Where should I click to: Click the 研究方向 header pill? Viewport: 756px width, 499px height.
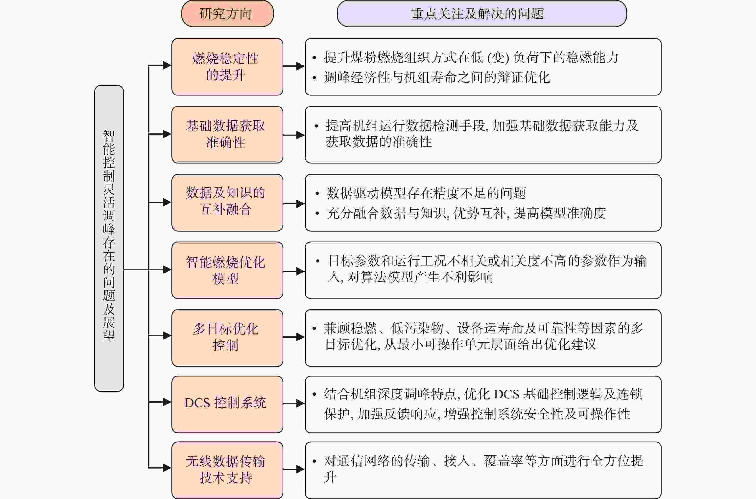click(227, 14)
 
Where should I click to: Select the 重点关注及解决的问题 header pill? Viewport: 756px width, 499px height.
click(482, 14)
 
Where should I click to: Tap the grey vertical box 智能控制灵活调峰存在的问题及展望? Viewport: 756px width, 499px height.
click(109, 238)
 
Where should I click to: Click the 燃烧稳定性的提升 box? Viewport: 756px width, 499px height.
click(227, 67)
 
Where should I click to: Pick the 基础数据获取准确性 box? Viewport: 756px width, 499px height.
click(227, 135)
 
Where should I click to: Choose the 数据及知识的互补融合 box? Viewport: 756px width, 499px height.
click(227, 202)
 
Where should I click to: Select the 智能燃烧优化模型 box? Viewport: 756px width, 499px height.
click(227, 270)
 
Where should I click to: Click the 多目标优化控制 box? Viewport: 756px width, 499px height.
click(227, 338)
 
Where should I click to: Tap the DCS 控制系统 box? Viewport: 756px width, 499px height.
click(227, 404)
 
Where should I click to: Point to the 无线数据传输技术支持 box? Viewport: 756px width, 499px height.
click(227, 470)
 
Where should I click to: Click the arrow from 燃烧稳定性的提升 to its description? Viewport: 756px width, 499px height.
click(294, 66)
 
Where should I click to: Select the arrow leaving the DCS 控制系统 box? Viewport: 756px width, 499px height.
click(294, 403)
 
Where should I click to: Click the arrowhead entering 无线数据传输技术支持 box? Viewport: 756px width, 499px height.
click(167, 468)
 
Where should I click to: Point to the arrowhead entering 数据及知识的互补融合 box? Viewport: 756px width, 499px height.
click(167, 202)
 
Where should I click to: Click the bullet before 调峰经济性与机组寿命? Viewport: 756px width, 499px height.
click(314, 77)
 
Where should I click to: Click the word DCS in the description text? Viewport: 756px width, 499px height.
click(506, 394)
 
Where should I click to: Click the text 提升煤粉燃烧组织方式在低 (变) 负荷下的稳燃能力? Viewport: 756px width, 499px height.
click(471, 58)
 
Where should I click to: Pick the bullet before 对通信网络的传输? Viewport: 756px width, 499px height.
click(314, 461)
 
